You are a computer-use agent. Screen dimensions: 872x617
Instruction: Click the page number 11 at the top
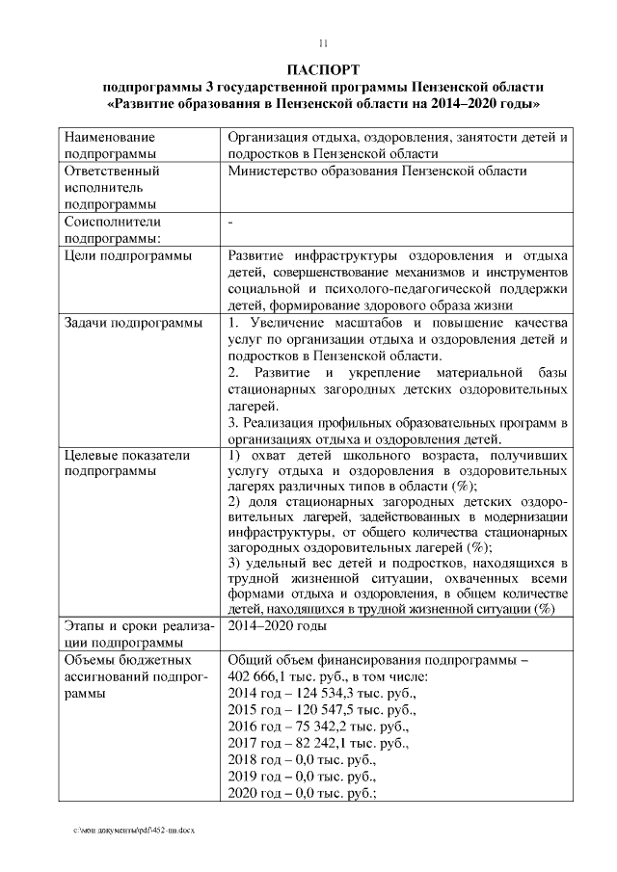[324, 43]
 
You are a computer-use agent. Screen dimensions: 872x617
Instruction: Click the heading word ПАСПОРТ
[323, 70]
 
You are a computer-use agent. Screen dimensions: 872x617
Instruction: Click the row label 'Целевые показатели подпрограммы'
[126, 463]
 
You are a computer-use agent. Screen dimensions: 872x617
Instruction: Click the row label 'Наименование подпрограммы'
[109, 145]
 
